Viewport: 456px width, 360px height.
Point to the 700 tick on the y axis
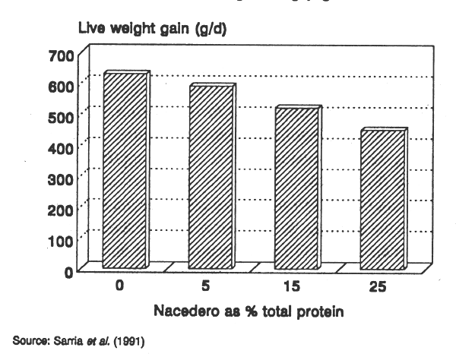point(62,55)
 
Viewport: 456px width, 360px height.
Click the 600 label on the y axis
point(62,86)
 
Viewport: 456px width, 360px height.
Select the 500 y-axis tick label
point(62,117)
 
